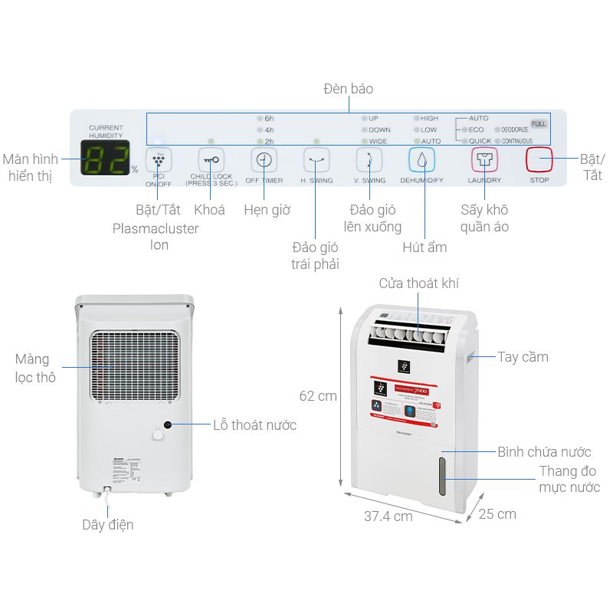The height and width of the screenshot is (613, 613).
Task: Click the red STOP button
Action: pos(539,160)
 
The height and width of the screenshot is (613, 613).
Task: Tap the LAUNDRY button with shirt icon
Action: pos(484,160)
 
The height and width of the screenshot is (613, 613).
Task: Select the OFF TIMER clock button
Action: pos(264,160)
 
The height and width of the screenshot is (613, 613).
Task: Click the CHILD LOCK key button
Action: pos(211,160)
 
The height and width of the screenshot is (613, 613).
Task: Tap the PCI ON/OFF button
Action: pos(159,160)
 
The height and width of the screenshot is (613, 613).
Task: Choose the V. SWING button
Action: pos(369,160)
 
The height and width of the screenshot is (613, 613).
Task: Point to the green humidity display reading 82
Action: pos(104,159)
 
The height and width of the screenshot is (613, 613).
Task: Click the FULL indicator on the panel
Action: pos(539,123)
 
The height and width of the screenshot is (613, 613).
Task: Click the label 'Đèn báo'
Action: pos(348,89)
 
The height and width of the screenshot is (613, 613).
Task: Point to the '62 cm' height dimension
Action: pos(317,396)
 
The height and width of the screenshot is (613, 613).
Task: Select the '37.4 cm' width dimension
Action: pos(388,516)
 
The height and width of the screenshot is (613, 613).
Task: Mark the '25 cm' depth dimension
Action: pos(497,513)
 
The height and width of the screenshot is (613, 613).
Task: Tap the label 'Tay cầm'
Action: pos(523,357)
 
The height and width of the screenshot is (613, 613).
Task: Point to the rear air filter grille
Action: pos(135,366)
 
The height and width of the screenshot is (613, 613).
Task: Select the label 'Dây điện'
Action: pos(108,525)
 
